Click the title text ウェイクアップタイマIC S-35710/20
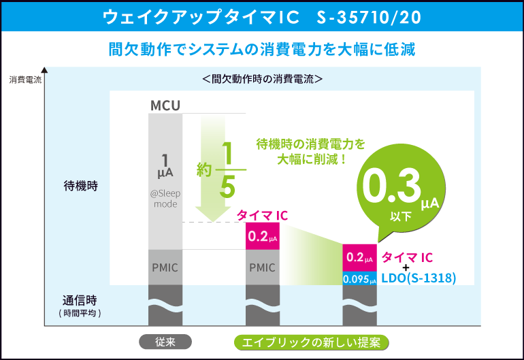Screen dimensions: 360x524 [261, 16]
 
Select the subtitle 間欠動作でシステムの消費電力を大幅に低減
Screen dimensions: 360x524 [262, 50]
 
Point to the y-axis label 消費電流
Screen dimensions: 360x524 [25, 80]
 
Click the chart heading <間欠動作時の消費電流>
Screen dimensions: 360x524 [262, 79]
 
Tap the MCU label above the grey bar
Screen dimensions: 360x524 [165, 105]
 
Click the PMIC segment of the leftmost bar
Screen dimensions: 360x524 [165, 267]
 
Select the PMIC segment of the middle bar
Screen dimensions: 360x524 [262, 267]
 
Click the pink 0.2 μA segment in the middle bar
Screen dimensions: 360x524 [262, 237]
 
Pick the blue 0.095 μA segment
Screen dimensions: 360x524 [359, 278]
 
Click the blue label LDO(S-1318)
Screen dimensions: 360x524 [418, 278]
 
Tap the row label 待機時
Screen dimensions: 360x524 [81, 186]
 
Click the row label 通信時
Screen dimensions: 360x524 [81, 300]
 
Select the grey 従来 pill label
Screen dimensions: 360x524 [165, 342]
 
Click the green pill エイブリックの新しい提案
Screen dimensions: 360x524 [311, 342]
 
